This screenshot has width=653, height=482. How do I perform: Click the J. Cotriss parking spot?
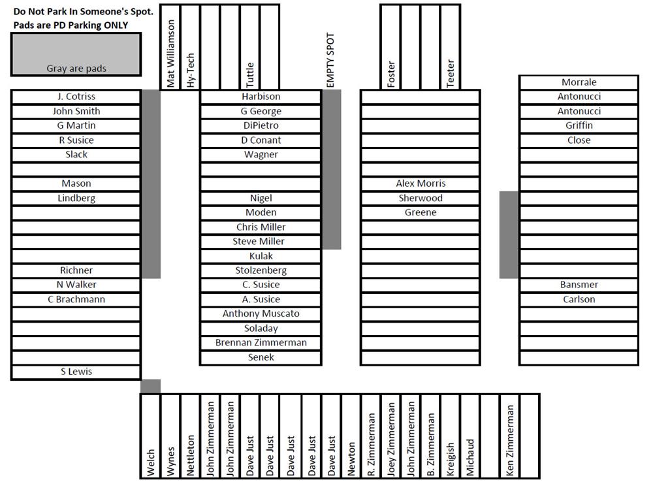click(x=76, y=97)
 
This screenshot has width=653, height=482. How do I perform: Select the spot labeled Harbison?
click(x=261, y=97)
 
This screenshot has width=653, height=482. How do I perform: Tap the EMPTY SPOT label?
click(x=330, y=60)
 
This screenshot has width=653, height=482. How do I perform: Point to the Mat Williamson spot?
click(x=170, y=46)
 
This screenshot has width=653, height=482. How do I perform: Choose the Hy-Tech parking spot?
click(x=190, y=46)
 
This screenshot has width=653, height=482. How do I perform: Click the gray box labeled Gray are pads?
click(x=76, y=55)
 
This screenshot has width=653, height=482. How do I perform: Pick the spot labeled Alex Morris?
click(x=420, y=184)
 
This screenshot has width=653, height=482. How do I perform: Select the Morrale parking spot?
click(x=579, y=82)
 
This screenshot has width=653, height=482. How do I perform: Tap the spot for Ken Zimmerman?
click(x=510, y=436)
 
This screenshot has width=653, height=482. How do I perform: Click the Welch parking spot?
click(x=150, y=436)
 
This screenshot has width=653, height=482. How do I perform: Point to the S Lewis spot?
click(x=76, y=372)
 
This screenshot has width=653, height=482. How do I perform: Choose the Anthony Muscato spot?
click(x=261, y=314)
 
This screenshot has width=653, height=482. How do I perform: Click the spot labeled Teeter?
click(x=450, y=46)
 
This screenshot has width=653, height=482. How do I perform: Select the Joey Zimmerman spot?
click(x=390, y=436)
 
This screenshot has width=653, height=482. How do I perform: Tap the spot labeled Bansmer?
click(x=579, y=285)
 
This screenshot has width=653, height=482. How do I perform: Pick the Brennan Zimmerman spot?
click(x=261, y=343)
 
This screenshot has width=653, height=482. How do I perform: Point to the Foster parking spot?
click(x=390, y=46)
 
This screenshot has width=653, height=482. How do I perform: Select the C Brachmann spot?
click(x=76, y=300)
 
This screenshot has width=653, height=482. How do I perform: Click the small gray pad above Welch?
click(x=150, y=386)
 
